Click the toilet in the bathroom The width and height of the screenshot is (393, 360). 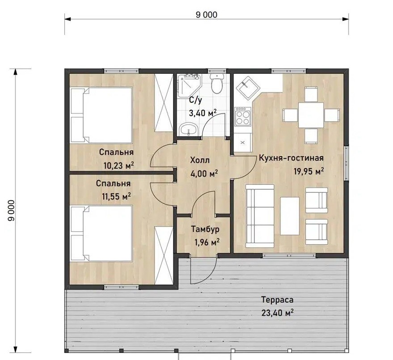216,83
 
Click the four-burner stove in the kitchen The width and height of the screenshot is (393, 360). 243,116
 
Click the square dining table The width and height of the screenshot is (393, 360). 311,115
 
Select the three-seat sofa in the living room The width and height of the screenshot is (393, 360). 260,216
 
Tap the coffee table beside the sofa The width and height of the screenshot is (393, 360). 290,216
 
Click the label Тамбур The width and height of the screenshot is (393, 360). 205,229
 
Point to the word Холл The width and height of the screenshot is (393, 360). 200,160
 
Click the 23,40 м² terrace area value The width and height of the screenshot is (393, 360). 278,313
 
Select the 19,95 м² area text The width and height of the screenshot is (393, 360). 308,171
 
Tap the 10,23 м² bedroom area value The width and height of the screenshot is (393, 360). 118,165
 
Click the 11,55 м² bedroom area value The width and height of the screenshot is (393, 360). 116,196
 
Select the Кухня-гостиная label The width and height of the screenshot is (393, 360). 291,158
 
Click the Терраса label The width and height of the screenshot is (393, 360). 277,300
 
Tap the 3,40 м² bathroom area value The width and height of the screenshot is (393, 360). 203,113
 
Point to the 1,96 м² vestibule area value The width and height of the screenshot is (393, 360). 207,242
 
